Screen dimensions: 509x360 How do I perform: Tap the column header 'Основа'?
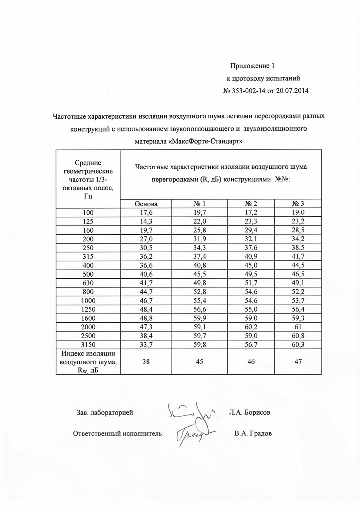click(x=146, y=204)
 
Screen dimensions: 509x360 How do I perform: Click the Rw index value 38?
click(x=146, y=361)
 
